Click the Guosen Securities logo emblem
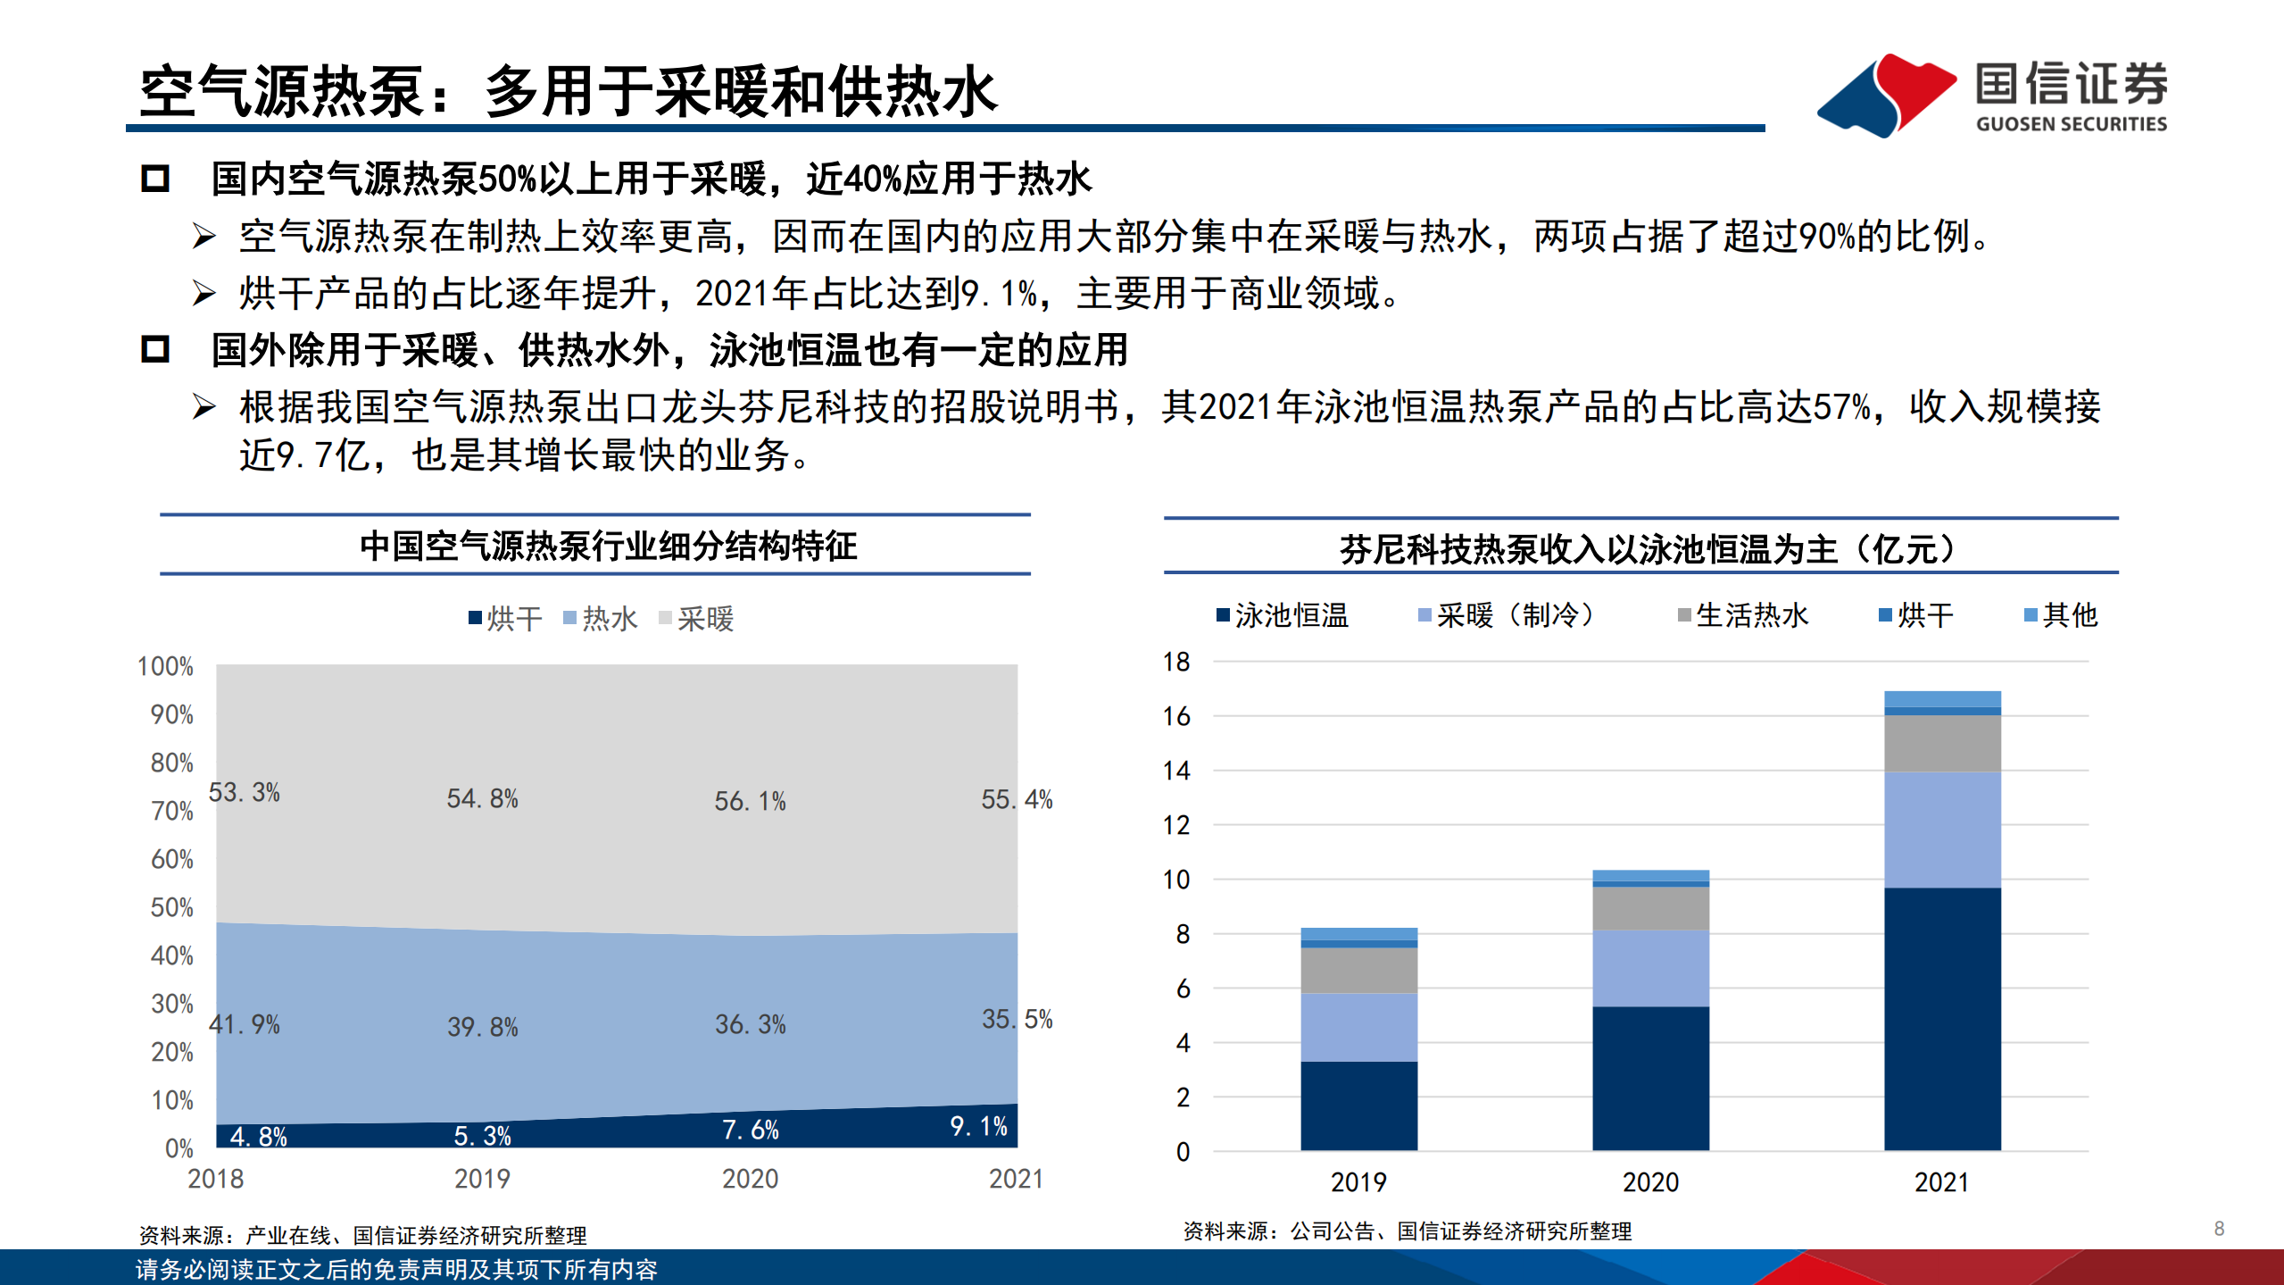pos(1885,95)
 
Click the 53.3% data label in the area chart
pos(244,792)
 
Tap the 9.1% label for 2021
pos(978,1126)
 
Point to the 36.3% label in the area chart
pos(750,1024)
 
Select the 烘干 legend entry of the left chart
pos(505,618)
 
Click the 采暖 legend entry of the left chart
pos(696,618)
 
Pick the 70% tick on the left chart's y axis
pos(171,811)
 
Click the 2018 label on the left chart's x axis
pos(215,1179)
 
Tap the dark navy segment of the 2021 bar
pos(1942,1018)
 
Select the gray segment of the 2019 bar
pos(1358,970)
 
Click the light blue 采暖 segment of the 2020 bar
pos(1650,968)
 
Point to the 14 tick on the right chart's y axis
pos(1176,771)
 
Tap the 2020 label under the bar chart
pos(1650,1182)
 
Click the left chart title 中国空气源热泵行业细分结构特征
pos(608,546)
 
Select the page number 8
pos(2219,1229)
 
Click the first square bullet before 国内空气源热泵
pos(155,179)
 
